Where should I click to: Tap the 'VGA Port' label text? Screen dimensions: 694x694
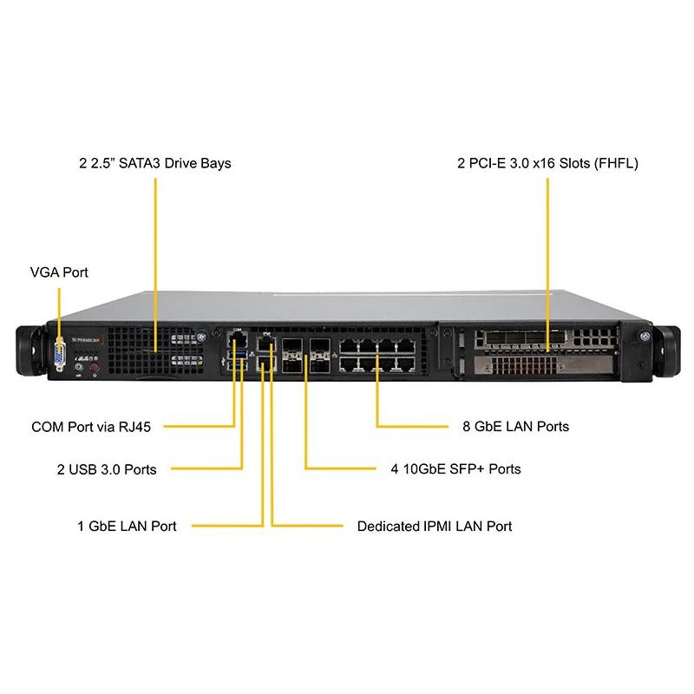59,272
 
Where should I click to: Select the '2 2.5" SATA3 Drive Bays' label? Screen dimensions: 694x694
155,163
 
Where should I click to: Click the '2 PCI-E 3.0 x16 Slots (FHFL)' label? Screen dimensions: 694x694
547,163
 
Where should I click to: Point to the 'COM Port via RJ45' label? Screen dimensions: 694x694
91,427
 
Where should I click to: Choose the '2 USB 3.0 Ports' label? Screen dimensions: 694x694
107,469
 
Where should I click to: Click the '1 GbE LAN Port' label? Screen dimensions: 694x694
127,526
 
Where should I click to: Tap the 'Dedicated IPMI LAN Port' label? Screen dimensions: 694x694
435,526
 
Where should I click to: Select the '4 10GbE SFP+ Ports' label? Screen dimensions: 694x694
455,469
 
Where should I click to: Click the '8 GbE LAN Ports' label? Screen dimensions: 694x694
516,427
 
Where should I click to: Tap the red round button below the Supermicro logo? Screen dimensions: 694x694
96,368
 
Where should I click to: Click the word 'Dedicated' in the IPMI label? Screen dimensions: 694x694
388,526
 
